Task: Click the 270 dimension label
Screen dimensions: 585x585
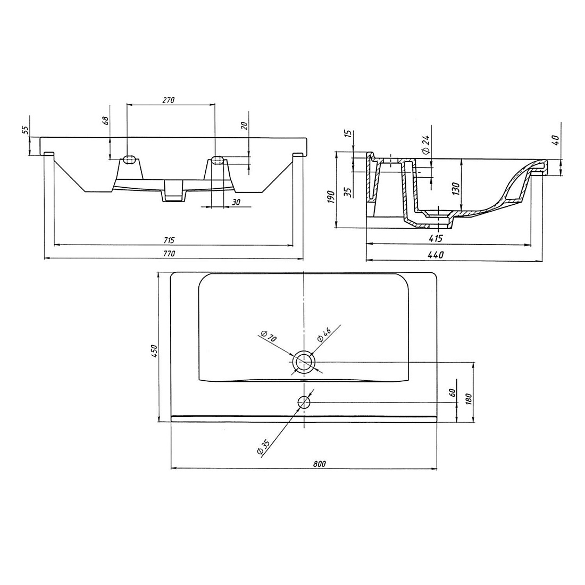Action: point(168,100)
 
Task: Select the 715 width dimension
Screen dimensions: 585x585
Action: point(169,240)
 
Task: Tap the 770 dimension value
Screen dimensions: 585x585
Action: point(169,253)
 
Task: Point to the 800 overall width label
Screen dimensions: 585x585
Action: point(320,464)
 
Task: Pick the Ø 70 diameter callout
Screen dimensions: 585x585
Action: point(269,336)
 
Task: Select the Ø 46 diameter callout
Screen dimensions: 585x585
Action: point(324,335)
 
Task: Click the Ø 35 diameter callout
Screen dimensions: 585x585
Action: point(263,447)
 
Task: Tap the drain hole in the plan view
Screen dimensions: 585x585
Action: point(304,362)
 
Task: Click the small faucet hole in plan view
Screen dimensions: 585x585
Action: point(304,402)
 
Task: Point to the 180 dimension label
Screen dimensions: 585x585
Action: point(469,398)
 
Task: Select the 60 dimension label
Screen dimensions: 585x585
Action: point(452,392)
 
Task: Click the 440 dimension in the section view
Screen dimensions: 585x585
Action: point(436,255)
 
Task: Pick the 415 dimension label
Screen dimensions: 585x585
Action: point(436,238)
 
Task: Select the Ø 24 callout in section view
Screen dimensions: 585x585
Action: point(427,145)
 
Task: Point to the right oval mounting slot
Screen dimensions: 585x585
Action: point(218,160)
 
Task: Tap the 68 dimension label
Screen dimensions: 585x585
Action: point(106,121)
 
